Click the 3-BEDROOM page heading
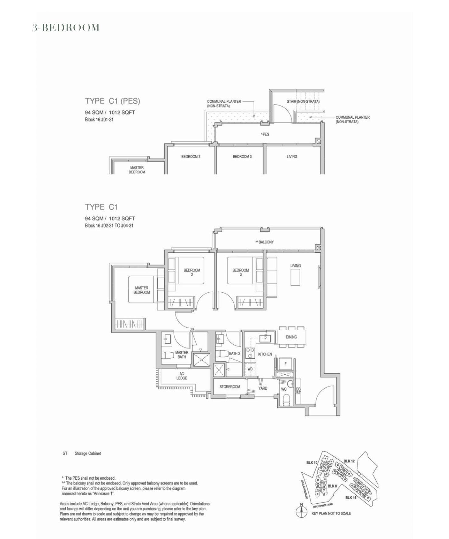[x=66, y=28]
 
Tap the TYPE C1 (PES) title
[x=112, y=101]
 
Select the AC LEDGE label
[x=182, y=376]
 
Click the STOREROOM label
[x=230, y=387]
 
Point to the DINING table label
[x=291, y=337]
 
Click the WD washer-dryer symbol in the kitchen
[x=250, y=369]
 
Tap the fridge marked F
[x=285, y=363]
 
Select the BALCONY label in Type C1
[x=265, y=242]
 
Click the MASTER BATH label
[x=182, y=355]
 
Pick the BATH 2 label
[x=235, y=353]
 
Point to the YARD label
[x=263, y=388]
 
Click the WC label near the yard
[x=284, y=389]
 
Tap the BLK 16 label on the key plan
[x=351, y=498]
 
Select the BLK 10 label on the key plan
[x=312, y=463]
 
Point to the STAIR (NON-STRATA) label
[x=303, y=101]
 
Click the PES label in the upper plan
[x=265, y=134]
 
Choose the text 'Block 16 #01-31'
[x=99, y=120]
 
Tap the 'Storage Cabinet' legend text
[x=88, y=453]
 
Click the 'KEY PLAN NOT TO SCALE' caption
[x=331, y=513]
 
